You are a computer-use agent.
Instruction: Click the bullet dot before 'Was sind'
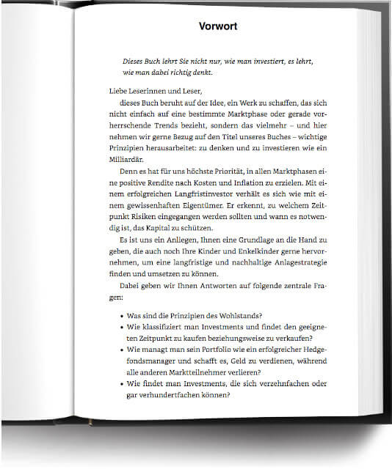pyautogui.click(x=120, y=317)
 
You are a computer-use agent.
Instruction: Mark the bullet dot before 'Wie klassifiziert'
pyautogui.click(x=120, y=328)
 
